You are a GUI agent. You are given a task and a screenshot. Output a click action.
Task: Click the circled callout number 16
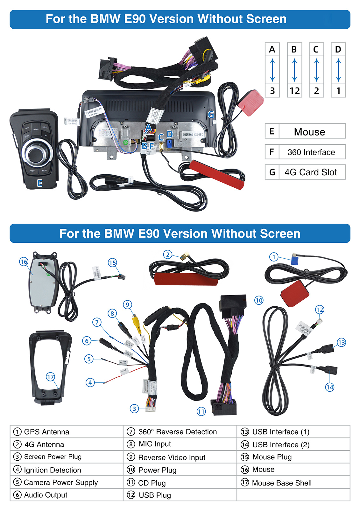24,262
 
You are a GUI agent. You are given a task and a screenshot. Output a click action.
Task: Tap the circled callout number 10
259,300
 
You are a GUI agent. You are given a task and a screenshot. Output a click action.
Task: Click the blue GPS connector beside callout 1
295,260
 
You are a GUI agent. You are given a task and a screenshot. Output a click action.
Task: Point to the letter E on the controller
40,183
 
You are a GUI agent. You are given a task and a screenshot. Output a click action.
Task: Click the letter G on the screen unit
211,115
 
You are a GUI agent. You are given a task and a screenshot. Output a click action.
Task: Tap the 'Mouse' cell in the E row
309,132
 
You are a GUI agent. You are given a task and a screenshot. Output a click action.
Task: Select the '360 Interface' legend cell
311,152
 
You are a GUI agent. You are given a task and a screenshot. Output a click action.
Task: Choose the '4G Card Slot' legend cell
311,172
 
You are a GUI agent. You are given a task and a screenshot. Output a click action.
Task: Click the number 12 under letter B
294,91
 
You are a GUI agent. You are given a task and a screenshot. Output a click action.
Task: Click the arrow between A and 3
272,70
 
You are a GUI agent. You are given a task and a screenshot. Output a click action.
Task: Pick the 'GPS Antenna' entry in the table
46,432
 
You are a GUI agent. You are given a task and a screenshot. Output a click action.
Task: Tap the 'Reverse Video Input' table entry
172,457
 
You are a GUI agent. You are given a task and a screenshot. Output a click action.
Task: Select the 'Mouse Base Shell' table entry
281,483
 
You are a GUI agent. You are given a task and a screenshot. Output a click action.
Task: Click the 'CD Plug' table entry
152,483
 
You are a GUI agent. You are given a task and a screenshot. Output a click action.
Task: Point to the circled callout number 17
50,377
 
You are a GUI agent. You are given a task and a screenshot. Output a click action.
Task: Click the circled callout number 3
134,409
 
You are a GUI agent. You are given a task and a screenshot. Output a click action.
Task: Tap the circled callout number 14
329,387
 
